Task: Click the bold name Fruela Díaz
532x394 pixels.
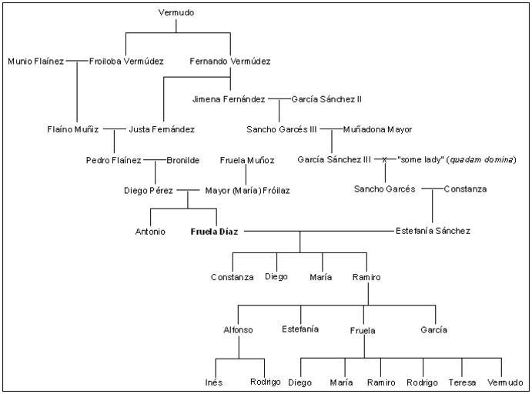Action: pos(215,231)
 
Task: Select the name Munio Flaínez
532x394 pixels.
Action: pos(36,61)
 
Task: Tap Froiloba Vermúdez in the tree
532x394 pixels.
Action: pos(126,61)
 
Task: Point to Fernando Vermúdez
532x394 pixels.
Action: pos(229,61)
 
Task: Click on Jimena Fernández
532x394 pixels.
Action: pos(229,99)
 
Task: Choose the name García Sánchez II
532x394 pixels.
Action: pos(326,99)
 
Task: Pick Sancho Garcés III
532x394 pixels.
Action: pos(282,129)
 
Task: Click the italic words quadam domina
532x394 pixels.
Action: pos(486,159)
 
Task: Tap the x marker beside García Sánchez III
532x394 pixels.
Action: pos(385,159)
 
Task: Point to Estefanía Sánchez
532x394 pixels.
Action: pos(433,231)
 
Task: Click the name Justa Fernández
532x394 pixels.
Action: pos(162,129)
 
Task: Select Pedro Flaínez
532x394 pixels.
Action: pos(114,160)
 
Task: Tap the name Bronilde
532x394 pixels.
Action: pos(183,160)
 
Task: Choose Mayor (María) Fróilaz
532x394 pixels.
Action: pos(247,189)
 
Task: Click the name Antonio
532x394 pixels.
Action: pos(150,231)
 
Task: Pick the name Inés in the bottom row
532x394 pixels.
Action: pos(213,382)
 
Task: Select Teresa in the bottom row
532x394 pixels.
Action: pos(462,382)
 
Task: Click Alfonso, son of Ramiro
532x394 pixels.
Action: pos(238,329)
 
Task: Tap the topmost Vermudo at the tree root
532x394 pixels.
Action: pos(176,13)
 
